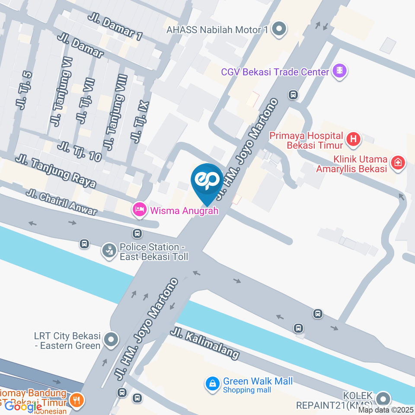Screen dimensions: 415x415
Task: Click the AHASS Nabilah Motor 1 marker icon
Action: [280, 29]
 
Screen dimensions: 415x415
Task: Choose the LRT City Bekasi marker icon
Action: [111, 340]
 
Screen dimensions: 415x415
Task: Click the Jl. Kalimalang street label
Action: [204, 344]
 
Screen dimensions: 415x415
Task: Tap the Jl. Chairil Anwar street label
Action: [62, 202]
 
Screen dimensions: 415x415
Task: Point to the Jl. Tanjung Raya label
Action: [55, 171]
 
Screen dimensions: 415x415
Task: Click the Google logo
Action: [23, 406]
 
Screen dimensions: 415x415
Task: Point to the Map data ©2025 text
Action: [386, 410]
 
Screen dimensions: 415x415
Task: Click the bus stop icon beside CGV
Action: [294, 94]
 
